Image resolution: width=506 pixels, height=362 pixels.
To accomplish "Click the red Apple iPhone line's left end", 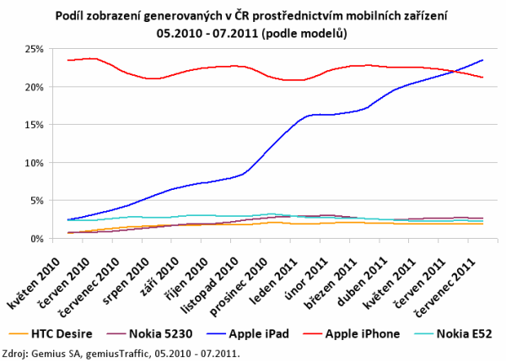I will [x=67, y=60].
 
